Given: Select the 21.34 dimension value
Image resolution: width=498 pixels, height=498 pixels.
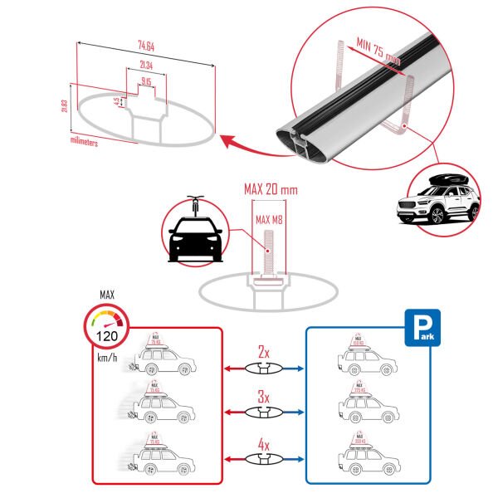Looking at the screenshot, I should click(x=144, y=66).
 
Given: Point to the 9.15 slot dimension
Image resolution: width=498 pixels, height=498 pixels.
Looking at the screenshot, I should click(x=146, y=81).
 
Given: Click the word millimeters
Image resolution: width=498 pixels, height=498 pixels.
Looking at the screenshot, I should click(x=85, y=143).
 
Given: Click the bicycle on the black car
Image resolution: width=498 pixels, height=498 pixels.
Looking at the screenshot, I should click(x=194, y=202).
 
